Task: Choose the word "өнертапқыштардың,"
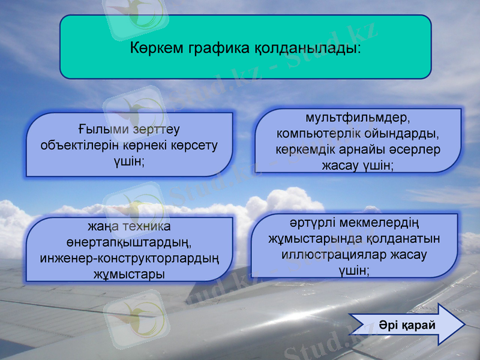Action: click(129, 243)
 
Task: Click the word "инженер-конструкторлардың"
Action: click(129, 259)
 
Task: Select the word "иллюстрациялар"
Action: click(334, 254)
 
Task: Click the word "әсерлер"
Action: click(417, 149)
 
